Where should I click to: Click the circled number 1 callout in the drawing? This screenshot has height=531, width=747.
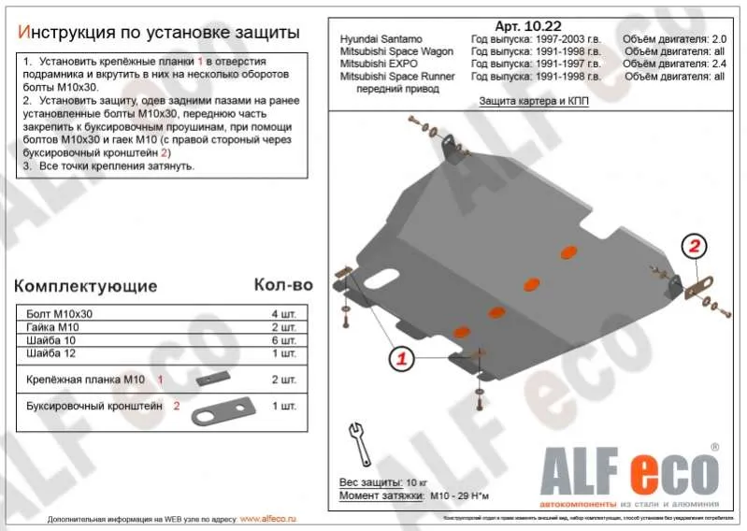pyautogui.click(x=400, y=359)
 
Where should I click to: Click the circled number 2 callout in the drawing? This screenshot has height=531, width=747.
pyautogui.click(x=694, y=247)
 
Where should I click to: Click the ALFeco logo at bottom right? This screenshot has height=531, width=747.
pyautogui.click(x=623, y=469)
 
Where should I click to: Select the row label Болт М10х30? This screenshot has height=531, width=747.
pyautogui.click(x=52, y=315)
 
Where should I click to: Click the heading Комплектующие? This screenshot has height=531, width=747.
pyautogui.click(x=85, y=286)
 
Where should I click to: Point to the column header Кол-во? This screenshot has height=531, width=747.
pyautogui.click(x=282, y=284)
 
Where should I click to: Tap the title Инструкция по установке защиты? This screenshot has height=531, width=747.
pyautogui.click(x=159, y=33)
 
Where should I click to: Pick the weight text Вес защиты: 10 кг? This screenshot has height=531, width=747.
pyautogui.click(x=383, y=481)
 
